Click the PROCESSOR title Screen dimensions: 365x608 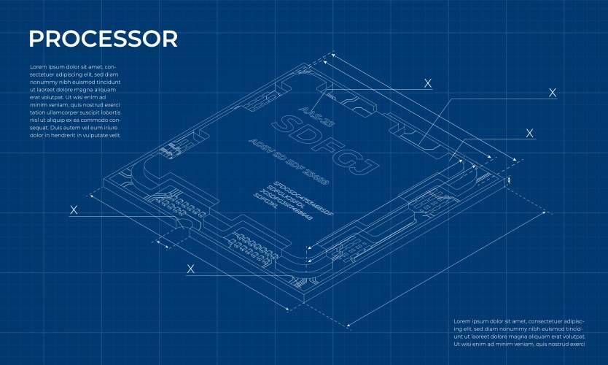tap(102, 39)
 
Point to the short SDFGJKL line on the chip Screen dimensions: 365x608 tap(265, 201)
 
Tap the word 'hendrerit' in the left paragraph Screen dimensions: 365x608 tap(69, 136)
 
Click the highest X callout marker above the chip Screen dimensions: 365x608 tap(428, 84)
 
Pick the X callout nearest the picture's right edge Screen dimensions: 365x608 tap(553, 93)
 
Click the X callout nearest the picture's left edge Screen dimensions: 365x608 tap(74, 210)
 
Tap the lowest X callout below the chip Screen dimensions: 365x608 tap(191, 269)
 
